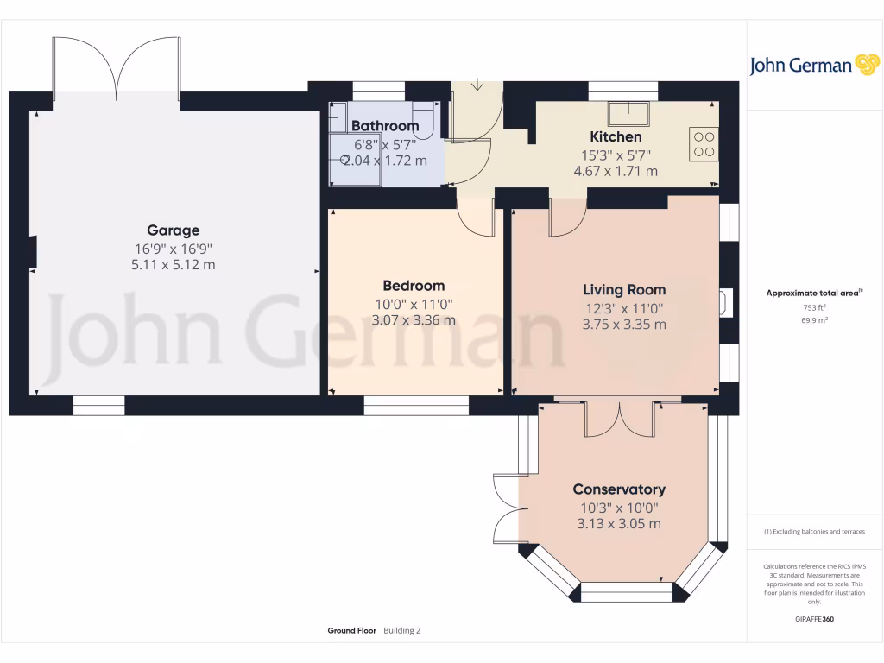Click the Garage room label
point(173,230)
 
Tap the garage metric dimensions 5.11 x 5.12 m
point(173,264)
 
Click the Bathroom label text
point(385,126)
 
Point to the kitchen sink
point(629,112)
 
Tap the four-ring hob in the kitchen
point(704,143)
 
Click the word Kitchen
point(616,136)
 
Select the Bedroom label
point(414,286)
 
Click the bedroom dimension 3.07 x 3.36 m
point(414,320)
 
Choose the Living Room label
point(624,290)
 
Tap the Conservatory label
point(619,489)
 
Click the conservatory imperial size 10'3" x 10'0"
point(619,508)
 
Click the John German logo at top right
point(814,66)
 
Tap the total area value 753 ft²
point(814,307)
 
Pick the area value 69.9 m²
point(814,320)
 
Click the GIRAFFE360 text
point(814,619)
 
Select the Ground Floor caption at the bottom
point(351,631)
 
